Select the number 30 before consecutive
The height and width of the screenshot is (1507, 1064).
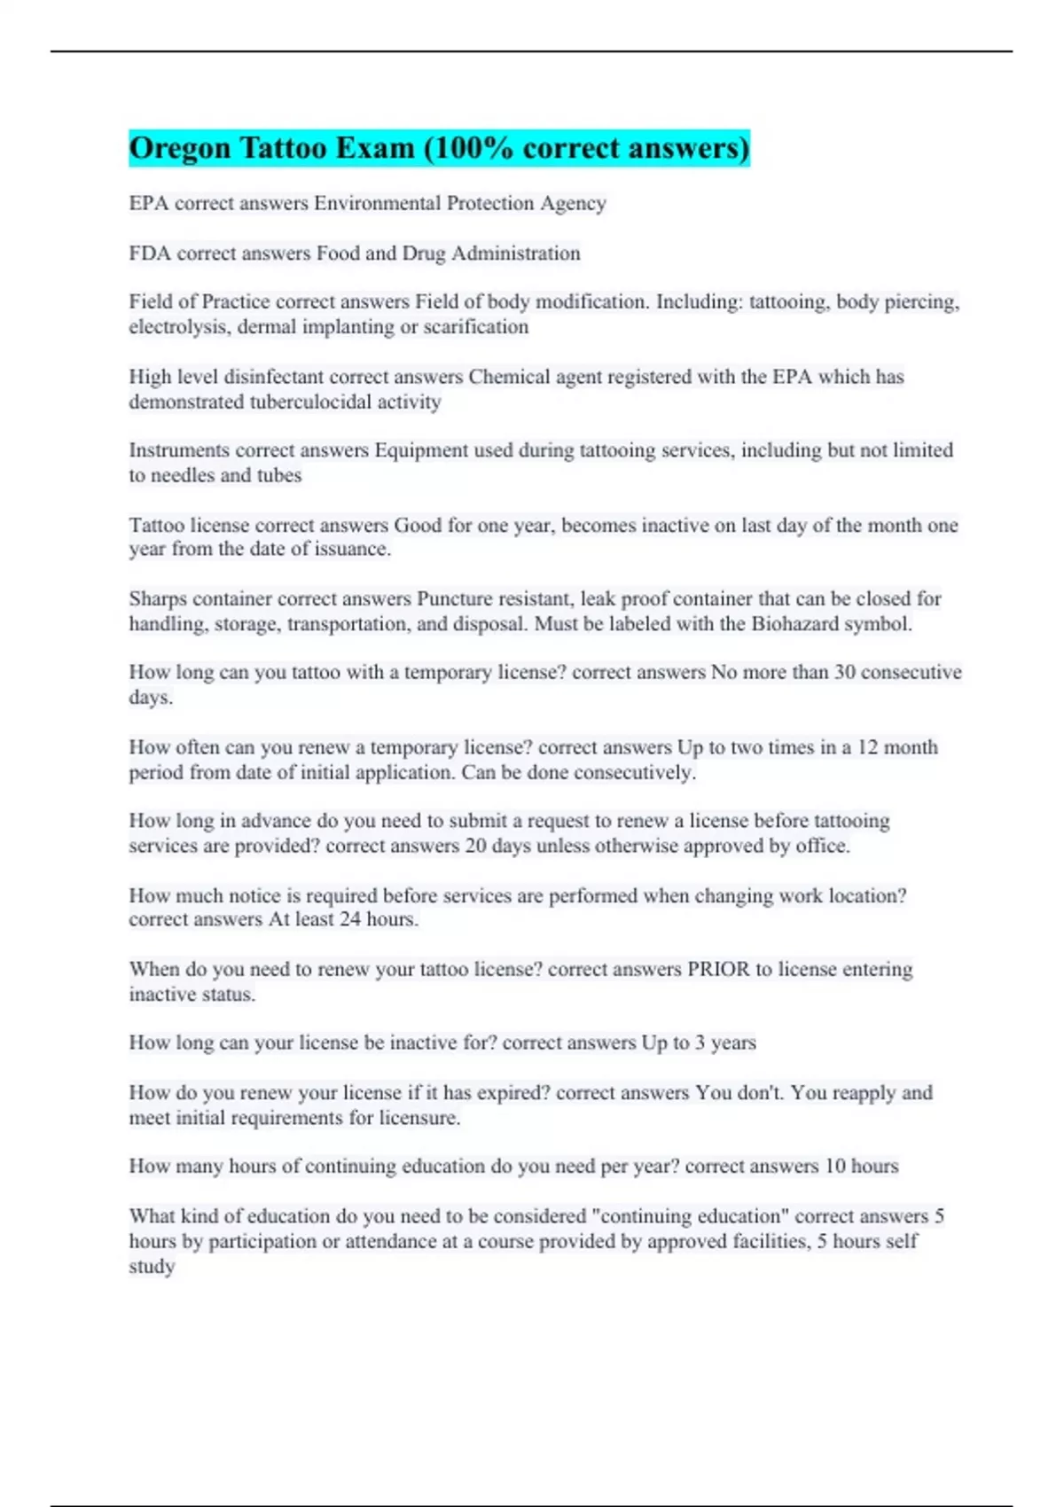(x=844, y=672)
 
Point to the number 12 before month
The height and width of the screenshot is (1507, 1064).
(x=867, y=747)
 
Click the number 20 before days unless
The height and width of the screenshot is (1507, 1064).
(x=475, y=846)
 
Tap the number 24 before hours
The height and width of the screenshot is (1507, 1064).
(x=350, y=919)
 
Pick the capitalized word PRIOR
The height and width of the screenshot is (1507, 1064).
(x=718, y=969)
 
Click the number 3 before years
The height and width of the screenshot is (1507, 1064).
(x=700, y=1042)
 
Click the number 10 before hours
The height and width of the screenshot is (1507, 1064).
(x=835, y=1166)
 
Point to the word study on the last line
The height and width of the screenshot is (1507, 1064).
(x=152, y=1266)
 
